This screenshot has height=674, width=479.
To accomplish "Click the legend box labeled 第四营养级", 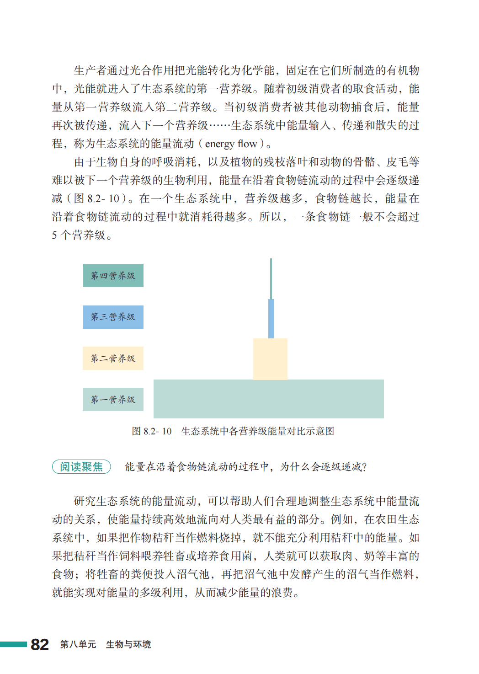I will (x=113, y=275).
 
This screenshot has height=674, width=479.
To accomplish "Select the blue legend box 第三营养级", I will (x=113, y=317).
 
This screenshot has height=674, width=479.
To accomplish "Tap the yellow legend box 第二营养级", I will (x=113, y=358).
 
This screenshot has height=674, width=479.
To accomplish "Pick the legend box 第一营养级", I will (x=113, y=399).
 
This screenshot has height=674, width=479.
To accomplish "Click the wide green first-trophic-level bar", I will (x=268, y=399).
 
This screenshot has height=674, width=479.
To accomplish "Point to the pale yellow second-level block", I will (x=270, y=359).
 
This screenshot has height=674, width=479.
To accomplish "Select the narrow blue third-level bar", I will (x=271, y=319).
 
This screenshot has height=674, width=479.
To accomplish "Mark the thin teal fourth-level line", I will (x=271, y=279).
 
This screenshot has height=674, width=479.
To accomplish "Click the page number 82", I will (x=40, y=644).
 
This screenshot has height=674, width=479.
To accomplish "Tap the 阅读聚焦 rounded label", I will (x=81, y=466).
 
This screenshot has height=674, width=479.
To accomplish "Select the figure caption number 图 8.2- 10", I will (x=151, y=431).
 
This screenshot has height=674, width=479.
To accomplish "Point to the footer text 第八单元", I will (x=78, y=644).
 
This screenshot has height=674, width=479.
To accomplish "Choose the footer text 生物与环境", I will (x=128, y=644).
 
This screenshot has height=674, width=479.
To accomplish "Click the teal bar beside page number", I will (x=13, y=644).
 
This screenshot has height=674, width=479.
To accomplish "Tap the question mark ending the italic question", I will (x=364, y=467).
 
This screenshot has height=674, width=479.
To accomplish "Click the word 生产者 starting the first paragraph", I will (x=90, y=70).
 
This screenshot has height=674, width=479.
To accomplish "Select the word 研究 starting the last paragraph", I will (x=85, y=501).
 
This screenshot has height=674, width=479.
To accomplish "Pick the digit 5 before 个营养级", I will (x=54, y=235).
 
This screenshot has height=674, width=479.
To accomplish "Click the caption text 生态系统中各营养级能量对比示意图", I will (x=257, y=431).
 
